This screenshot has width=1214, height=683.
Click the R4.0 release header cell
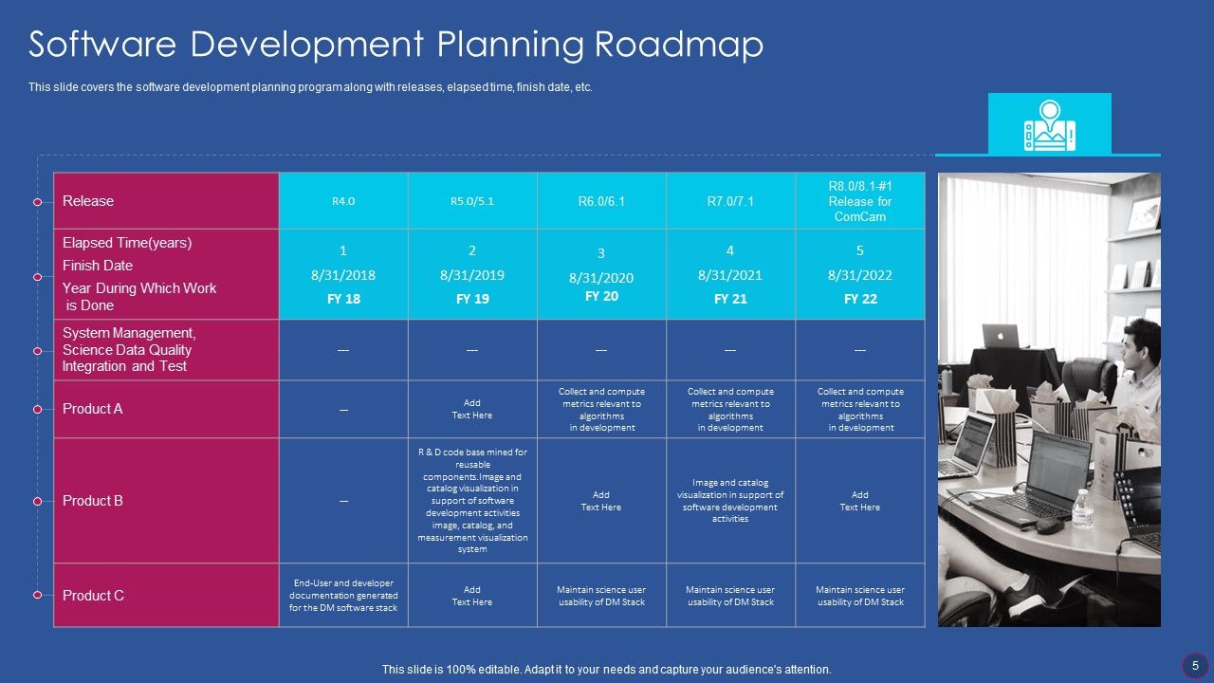[x=343, y=201]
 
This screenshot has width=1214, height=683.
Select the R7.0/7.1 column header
[x=730, y=201]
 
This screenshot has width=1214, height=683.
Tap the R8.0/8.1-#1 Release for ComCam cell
[x=860, y=201]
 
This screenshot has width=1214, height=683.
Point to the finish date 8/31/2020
[x=601, y=278]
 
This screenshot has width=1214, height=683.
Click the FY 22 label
[x=860, y=299]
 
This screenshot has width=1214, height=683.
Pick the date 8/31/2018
[x=343, y=275]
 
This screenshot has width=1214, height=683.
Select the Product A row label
[x=93, y=409]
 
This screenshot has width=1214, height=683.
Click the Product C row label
[x=93, y=596]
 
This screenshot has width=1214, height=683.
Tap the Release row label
[x=88, y=201]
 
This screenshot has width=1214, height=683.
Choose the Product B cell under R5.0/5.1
[x=472, y=501]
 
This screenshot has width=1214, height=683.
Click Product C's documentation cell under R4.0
[x=343, y=596]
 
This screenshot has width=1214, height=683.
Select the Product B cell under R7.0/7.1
[x=730, y=501]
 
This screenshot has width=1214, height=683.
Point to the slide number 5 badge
[x=1195, y=666]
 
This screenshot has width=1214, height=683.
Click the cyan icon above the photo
[x=1049, y=124]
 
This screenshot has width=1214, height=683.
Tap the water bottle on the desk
[x=1082, y=509]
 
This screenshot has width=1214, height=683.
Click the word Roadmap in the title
[x=679, y=45]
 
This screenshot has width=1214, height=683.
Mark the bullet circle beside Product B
[x=38, y=501]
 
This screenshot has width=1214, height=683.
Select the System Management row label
[x=129, y=350]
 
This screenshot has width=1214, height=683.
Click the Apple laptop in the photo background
[x=1000, y=337]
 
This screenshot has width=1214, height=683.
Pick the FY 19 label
[x=472, y=299]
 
